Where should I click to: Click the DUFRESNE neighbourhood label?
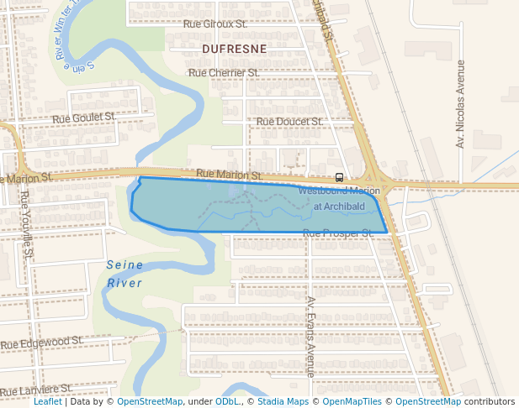[x=235, y=50]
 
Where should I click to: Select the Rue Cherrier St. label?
[x=224, y=73]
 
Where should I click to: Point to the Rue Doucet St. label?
[x=289, y=122]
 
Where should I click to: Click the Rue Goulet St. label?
[x=83, y=118]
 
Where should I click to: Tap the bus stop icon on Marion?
[x=339, y=177]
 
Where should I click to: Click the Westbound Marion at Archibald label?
[x=339, y=198]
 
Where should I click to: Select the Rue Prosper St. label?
[x=337, y=233]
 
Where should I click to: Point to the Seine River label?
[x=124, y=274]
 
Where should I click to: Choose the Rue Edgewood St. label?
[x=41, y=343]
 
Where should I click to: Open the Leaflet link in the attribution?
[x=48, y=401]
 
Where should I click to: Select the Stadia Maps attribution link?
[x=283, y=401]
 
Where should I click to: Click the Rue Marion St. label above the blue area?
[x=229, y=175]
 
